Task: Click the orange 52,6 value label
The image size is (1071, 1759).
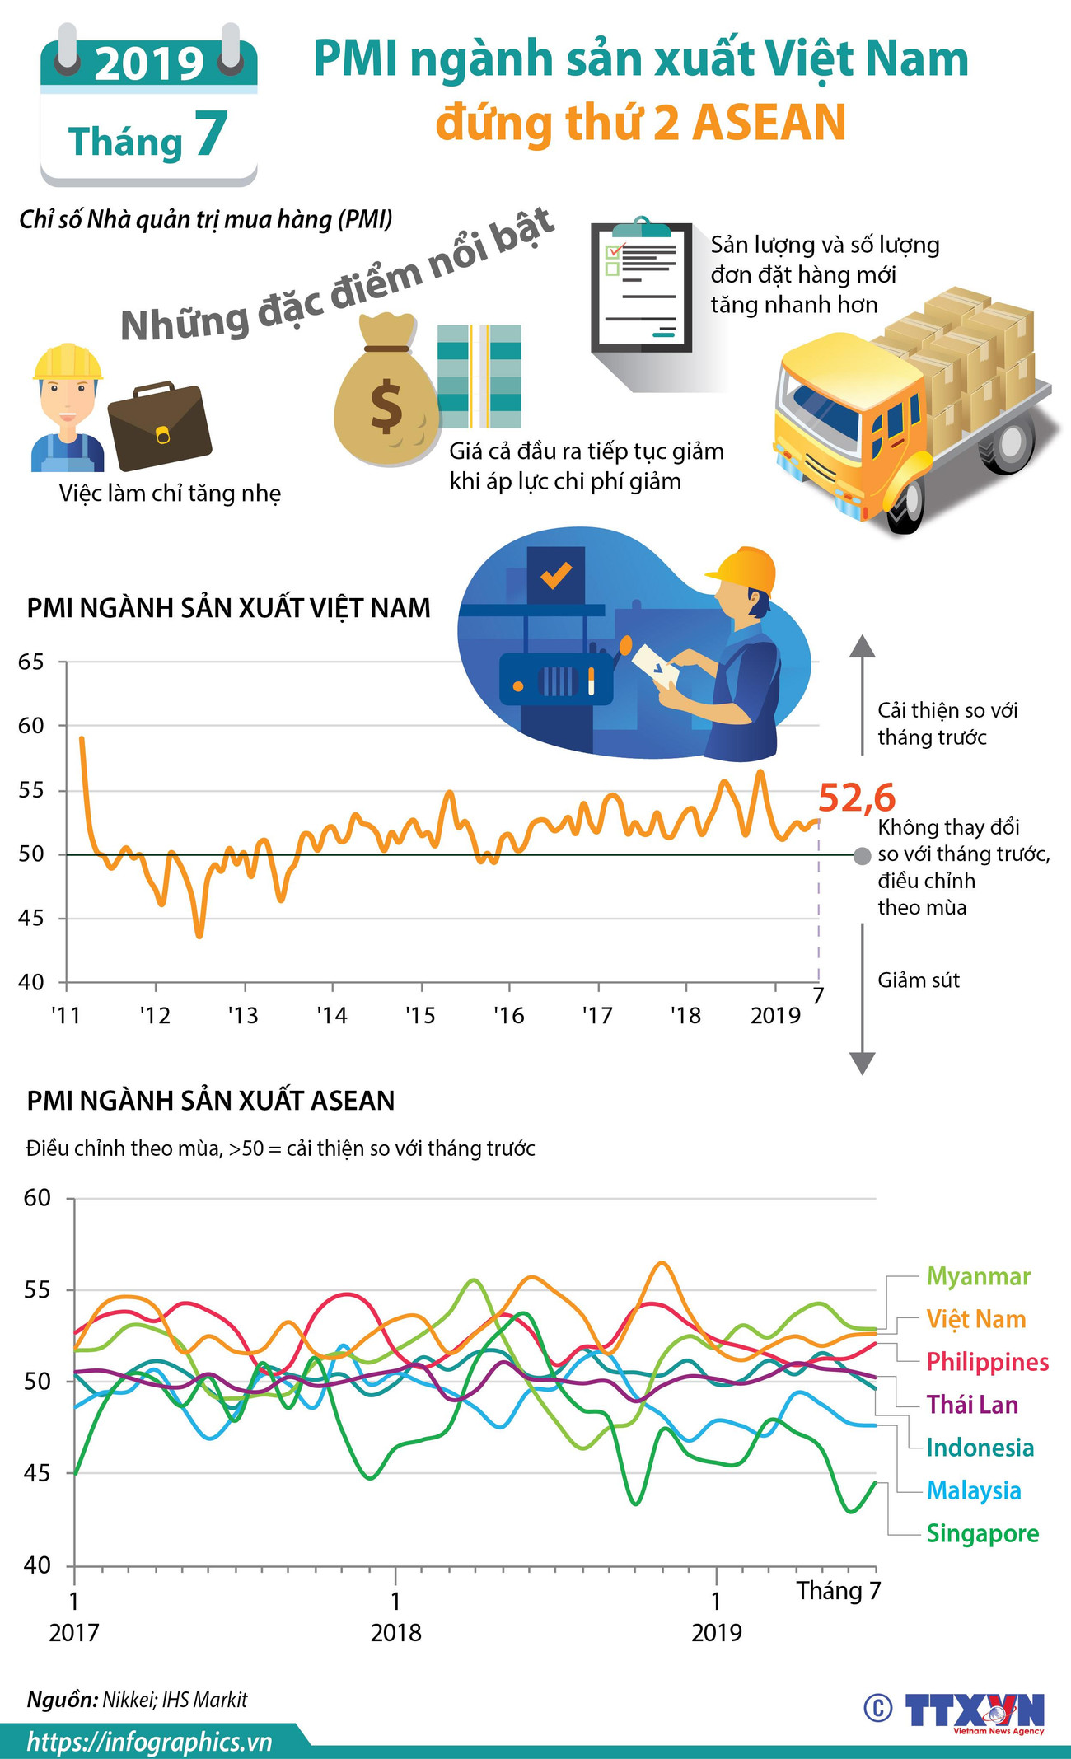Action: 856,798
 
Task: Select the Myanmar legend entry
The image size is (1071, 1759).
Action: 978,1276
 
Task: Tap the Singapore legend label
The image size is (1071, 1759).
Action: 982,1533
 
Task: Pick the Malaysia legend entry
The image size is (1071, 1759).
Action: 973,1490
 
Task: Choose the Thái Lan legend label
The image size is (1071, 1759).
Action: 972,1405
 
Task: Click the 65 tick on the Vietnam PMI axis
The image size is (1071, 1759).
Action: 31,662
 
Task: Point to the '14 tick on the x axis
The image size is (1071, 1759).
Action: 332,1015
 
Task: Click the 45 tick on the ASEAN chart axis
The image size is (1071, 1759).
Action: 37,1472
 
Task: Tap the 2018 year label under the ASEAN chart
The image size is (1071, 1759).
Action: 395,1632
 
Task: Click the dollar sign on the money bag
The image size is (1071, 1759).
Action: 386,408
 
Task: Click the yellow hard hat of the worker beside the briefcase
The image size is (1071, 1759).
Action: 68,360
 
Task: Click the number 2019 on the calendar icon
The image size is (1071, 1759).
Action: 148,63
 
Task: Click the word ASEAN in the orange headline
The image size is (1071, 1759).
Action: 769,123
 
